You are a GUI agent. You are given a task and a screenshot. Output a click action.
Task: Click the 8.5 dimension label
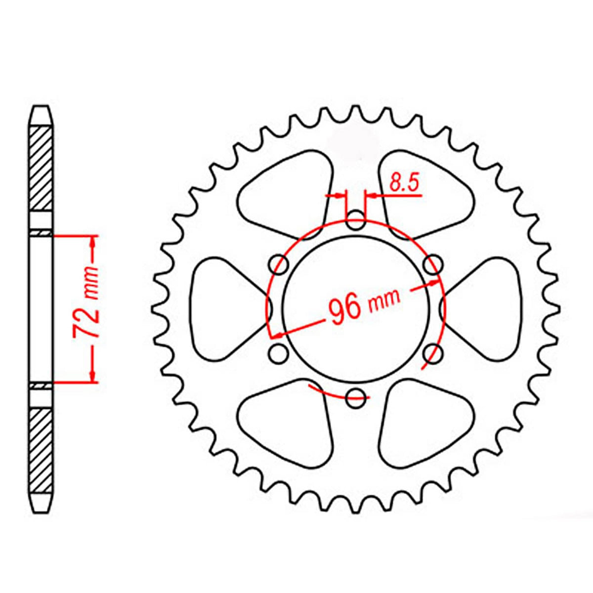[x=404, y=182]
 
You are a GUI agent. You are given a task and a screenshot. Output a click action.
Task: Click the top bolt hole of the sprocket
[x=355, y=220]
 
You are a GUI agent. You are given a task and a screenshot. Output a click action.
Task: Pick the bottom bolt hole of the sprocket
[x=355, y=398]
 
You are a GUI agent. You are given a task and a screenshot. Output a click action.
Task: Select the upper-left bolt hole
[x=279, y=265]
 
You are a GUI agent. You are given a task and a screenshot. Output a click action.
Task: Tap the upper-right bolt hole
[x=432, y=265]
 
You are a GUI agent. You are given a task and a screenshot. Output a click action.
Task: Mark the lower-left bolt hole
[x=279, y=353]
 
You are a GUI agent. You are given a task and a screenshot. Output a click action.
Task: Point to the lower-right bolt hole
[x=432, y=353]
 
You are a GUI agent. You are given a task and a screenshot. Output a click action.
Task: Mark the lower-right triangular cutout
[x=425, y=423]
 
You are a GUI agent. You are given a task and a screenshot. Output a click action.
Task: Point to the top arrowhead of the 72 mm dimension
[x=92, y=243]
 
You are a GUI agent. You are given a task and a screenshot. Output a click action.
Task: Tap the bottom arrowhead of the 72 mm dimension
[x=92, y=376]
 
